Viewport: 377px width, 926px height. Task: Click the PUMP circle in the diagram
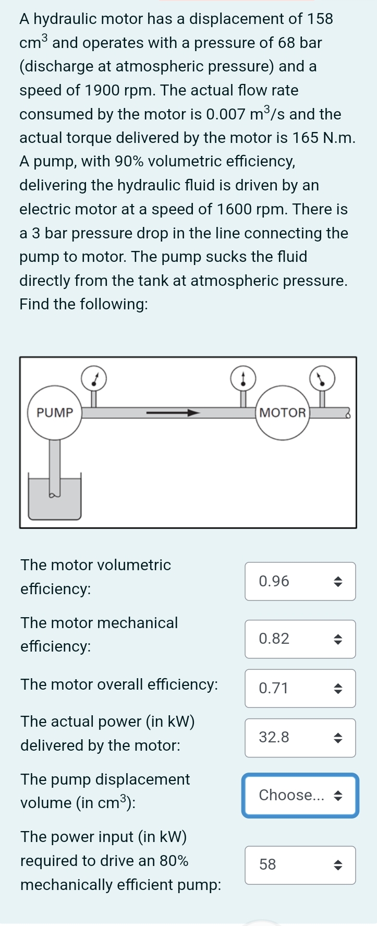point(55,413)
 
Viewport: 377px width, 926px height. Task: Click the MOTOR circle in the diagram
point(282,413)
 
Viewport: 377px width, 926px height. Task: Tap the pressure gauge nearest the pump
point(94,378)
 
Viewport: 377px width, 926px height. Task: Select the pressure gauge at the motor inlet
point(243,378)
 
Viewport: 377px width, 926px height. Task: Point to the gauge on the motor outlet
point(322,378)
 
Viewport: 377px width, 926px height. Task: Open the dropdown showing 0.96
point(300,581)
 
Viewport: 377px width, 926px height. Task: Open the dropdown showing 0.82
point(300,639)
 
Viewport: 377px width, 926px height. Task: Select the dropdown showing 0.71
point(300,688)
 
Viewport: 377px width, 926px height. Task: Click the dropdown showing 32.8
point(300,738)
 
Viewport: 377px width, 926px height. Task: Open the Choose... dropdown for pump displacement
point(300,795)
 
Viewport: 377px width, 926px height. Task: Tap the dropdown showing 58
point(300,864)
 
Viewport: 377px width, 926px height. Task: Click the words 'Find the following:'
point(83,304)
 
